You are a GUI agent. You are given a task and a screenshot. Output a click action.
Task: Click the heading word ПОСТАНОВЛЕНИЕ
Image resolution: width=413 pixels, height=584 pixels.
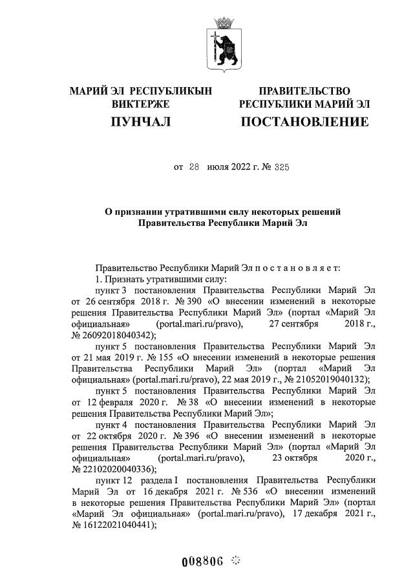(304, 121)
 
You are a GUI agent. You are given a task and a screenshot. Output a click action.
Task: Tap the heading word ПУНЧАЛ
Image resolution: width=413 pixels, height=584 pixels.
(140, 121)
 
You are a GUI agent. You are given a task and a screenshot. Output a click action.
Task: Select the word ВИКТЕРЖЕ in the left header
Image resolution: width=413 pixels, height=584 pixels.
(140, 104)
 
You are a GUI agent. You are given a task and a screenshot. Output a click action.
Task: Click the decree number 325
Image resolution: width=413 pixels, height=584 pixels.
(281, 166)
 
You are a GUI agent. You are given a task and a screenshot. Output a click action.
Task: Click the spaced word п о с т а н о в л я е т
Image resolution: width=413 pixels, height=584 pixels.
(298, 267)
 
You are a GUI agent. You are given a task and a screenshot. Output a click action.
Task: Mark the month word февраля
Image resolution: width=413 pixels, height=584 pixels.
(120, 402)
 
